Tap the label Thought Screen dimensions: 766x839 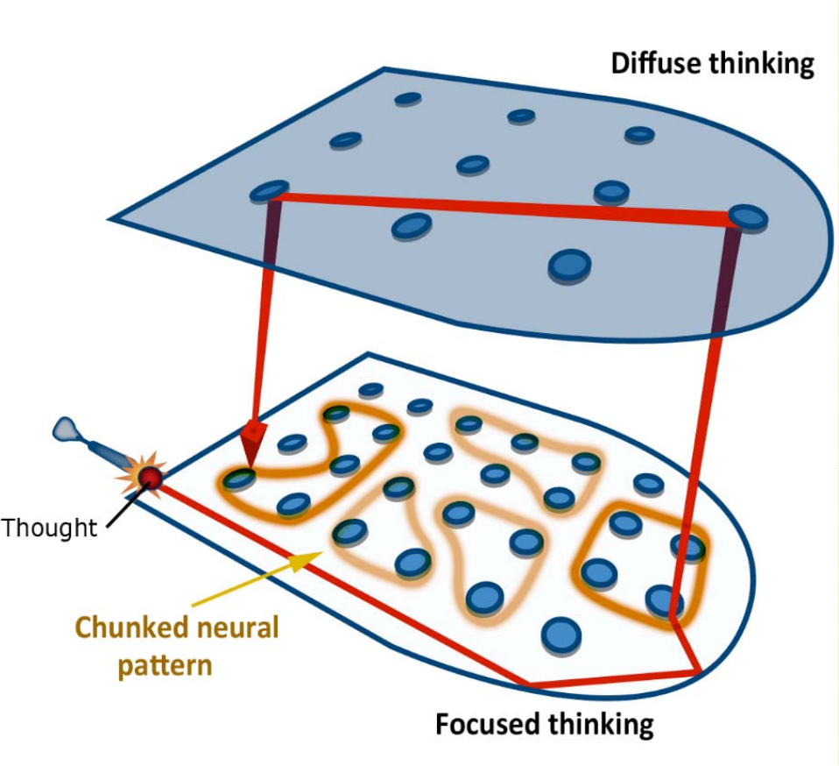pyautogui.click(x=49, y=527)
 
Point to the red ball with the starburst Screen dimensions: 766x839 pyautogui.click(x=152, y=477)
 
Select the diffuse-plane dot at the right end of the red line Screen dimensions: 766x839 pyautogui.click(x=747, y=216)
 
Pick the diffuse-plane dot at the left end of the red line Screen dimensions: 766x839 pyautogui.click(x=270, y=192)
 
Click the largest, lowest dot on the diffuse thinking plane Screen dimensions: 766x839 pyautogui.click(x=569, y=265)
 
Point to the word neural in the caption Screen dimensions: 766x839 pyautogui.click(x=238, y=628)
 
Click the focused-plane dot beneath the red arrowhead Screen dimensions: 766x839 pyautogui.click(x=239, y=479)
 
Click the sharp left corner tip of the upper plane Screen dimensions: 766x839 pyautogui.click(x=111, y=218)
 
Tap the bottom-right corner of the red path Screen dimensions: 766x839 pyautogui.click(x=698, y=672)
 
